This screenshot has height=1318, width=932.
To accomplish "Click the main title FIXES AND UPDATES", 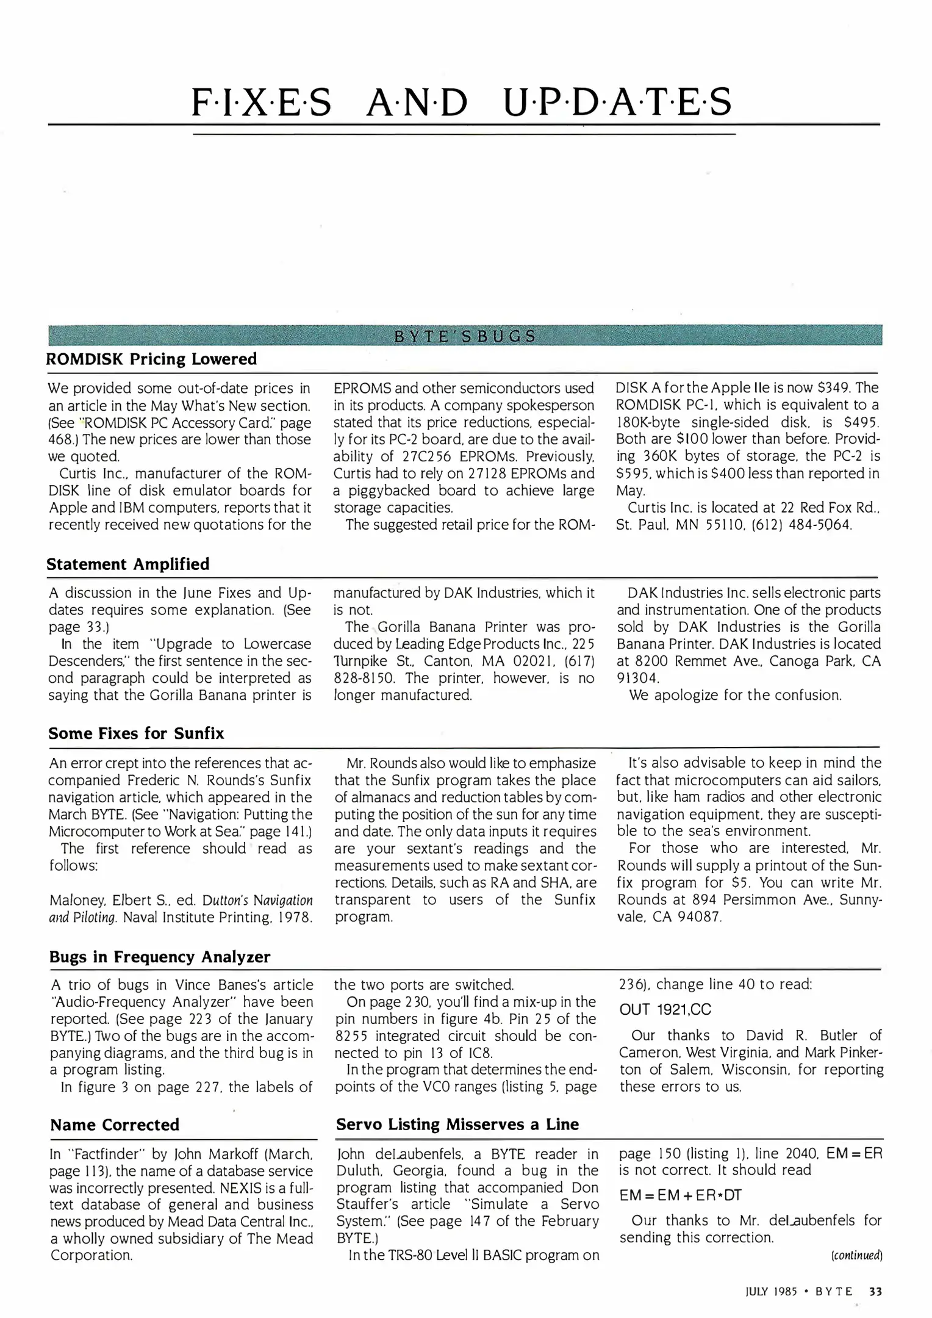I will coord(462,102).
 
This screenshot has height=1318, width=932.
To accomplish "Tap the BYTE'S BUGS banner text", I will coord(465,336).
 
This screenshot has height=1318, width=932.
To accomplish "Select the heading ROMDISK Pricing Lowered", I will coord(151,359).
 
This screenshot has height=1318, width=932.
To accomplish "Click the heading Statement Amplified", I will coord(128,564).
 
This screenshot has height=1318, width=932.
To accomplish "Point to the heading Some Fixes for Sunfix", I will coord(136,733).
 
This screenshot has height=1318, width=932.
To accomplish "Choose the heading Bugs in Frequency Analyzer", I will coord(160,956).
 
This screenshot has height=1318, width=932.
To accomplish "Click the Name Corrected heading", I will coord(115,1124).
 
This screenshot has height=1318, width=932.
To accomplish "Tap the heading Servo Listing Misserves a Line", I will coord(457,1124).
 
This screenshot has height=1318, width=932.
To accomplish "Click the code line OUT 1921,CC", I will coord(665,1009).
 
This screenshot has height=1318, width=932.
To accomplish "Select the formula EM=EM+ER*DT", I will coord(680,1195).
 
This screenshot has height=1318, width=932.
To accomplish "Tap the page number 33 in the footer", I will coord(875,1291).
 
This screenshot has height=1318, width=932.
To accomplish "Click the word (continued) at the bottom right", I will coord(856,1255).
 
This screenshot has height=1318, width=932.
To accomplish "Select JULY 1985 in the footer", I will coord(771,1291).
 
